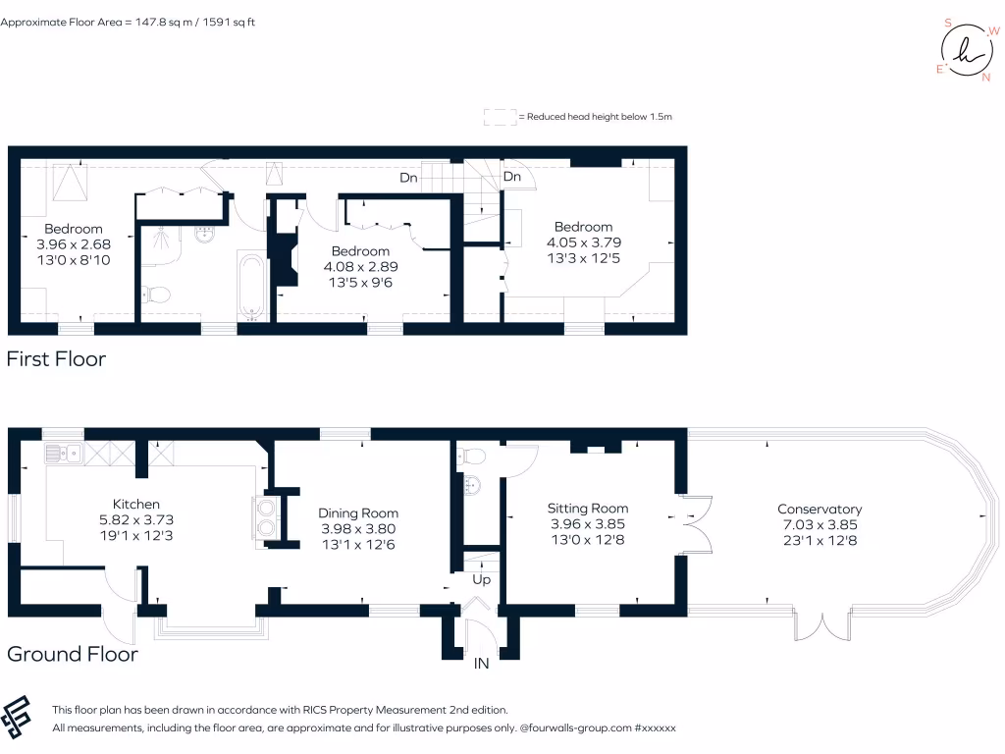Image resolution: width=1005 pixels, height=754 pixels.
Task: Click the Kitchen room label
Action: [135, 504]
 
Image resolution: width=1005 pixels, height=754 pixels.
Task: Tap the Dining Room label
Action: [358, 512]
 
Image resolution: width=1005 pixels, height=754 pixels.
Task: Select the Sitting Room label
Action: [587, 508]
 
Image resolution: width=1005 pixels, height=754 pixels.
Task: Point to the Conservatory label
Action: [820, 509]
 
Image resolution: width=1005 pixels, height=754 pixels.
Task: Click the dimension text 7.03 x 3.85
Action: [820, 524]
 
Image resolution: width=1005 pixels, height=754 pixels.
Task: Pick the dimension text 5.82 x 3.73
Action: [135, 519]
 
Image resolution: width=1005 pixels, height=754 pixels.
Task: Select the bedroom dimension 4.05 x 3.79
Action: [583, 242]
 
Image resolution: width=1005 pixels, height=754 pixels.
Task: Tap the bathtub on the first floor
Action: [252, 287]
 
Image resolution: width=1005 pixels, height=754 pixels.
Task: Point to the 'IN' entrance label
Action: [481, 665]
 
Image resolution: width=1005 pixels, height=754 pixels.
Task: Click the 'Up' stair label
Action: [482, 580]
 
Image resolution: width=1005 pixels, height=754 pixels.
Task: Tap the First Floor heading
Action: [56, 359]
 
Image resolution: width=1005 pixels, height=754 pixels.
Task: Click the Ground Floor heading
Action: [73, 654]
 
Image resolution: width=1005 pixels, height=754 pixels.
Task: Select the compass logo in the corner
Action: [965, 47]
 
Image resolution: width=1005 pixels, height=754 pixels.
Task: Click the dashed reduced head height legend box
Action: [500, 117]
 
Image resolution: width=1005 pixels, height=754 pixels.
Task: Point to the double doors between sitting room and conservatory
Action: [696, 524]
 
